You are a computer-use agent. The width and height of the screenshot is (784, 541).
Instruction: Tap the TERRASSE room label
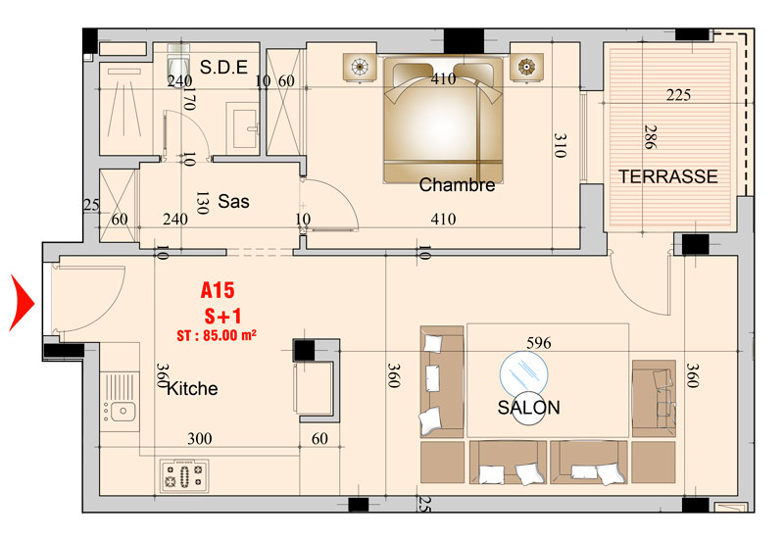[668, 176]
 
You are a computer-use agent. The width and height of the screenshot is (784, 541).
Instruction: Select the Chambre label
[457, 185]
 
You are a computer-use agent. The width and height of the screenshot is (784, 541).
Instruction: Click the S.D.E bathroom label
[223, 67]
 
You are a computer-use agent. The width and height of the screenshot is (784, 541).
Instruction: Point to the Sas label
[233, 202]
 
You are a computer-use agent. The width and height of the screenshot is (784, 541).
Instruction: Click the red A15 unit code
[218, 290]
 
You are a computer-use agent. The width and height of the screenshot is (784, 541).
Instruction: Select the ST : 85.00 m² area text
[217, 335]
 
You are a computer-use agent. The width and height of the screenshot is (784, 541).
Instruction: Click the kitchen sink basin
[122, 412]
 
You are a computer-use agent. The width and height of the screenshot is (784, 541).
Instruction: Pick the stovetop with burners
[184, 475]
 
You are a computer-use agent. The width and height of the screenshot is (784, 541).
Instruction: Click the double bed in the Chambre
[443, 120]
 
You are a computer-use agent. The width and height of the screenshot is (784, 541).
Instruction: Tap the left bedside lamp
[360, 66]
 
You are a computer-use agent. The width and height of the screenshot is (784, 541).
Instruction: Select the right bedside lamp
[526, 66]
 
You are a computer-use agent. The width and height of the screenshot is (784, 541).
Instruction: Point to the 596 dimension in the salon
[538, 343]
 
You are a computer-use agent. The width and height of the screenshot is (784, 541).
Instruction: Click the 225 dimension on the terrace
[678, 95]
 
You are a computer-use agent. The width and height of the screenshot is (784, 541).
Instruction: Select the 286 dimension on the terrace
[650, 137]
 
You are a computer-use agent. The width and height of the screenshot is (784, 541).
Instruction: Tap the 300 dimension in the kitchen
[200, 439]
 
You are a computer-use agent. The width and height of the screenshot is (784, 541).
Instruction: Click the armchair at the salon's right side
[654, 399]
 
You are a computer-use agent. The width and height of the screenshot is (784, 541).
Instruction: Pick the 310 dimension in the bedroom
[561, 145]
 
